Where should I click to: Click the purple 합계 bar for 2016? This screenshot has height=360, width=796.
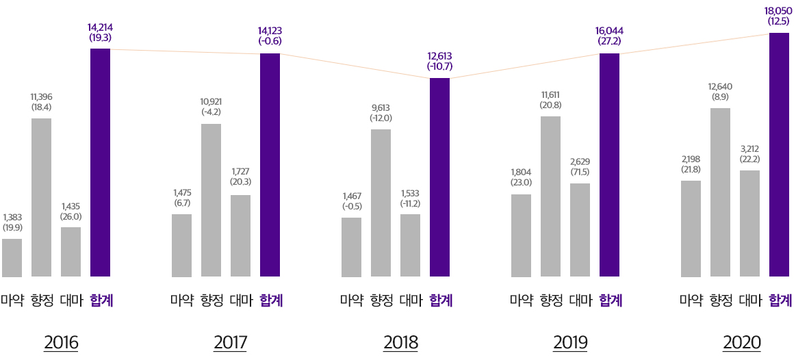tap(100, 163)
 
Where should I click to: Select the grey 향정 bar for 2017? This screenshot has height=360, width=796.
tap(211, 201)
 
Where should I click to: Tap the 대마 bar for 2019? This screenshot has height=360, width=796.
tap(580, 230)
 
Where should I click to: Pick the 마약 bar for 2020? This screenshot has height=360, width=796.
tap(691, 229)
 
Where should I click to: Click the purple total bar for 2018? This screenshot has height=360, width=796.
tap(439, 177)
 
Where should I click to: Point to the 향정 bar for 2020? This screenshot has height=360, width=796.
tap(720, 192)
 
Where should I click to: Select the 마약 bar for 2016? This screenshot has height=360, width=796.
tap(12, 257)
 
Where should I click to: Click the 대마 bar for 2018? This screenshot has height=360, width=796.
tap(410, 245)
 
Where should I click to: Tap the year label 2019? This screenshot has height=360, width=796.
tap(570, 342)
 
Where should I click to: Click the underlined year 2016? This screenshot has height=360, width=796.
tap(61, 342)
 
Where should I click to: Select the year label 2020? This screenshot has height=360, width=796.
tap(741, 342)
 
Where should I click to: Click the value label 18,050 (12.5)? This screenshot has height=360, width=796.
tap(778, 16)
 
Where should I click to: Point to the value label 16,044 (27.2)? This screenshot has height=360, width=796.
tap(609, 36)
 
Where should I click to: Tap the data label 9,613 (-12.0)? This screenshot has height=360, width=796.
tap(381, 112)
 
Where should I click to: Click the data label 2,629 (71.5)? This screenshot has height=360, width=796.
tap(580, 166)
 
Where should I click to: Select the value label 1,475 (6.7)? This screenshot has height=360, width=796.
tap(181, 197)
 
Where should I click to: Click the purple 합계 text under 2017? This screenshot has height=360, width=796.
tap(271, 300)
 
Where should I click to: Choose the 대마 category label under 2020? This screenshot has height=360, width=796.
tap(751, 300)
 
